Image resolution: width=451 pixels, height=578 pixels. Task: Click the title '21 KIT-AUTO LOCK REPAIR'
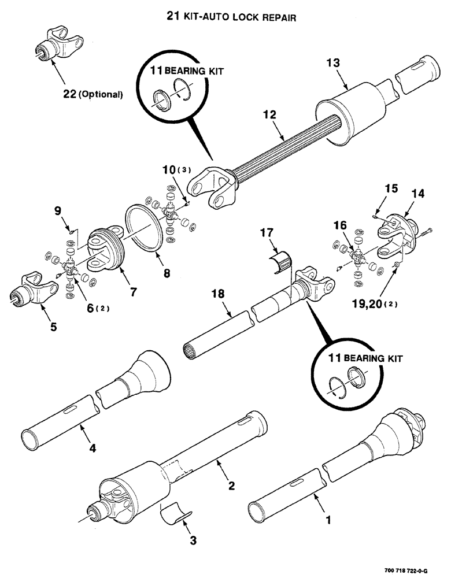(231, 18)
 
